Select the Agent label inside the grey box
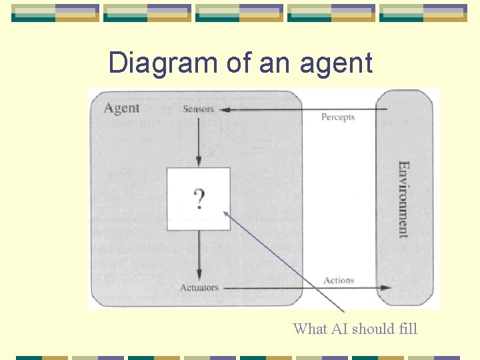click(x=122, y=108)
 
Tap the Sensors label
click(x=198, y=109)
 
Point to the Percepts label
click(x=338, y=117)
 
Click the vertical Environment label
click(x=403, y=199)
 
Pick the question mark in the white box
click(x=199, y=199)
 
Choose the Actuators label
click(x=199, y=287)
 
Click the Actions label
click(x=339, y=281)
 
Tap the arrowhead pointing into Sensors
click(x=224, y=109)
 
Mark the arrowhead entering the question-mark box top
click(x=199, y=163)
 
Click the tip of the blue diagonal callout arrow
click(x=225, y=213)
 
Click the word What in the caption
click(x=309, y=329)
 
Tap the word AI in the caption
click(x=340, y=329)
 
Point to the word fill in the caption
click(x=407, y=329)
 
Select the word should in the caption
click(x=374, y=329)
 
